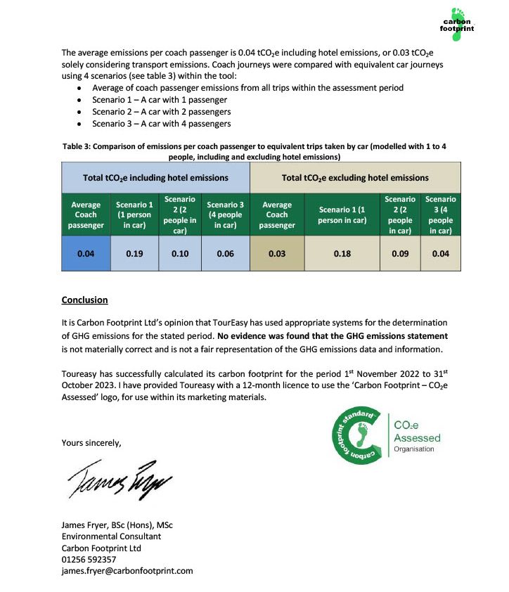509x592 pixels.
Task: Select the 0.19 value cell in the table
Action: point(135,254)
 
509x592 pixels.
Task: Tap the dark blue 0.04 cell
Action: point(86,254)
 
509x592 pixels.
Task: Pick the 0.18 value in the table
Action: point(342,254)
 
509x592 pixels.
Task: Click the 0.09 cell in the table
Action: point(399,254)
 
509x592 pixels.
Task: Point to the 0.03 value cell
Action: point(277,254)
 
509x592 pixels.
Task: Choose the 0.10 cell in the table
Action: point(180,254)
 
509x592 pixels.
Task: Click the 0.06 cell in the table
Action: point(224,254)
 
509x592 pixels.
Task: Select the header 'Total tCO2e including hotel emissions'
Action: point(155,178)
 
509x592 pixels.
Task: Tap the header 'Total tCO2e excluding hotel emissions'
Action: point(355,178)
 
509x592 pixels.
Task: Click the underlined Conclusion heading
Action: point(84,300)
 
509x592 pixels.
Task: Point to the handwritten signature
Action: point(120,479)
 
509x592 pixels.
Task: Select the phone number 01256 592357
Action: point(89,560)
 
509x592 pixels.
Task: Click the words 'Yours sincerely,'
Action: point(91,443)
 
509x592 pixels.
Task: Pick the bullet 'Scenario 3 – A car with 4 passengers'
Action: point(161,124)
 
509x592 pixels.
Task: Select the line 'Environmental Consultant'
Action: point(111,536)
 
